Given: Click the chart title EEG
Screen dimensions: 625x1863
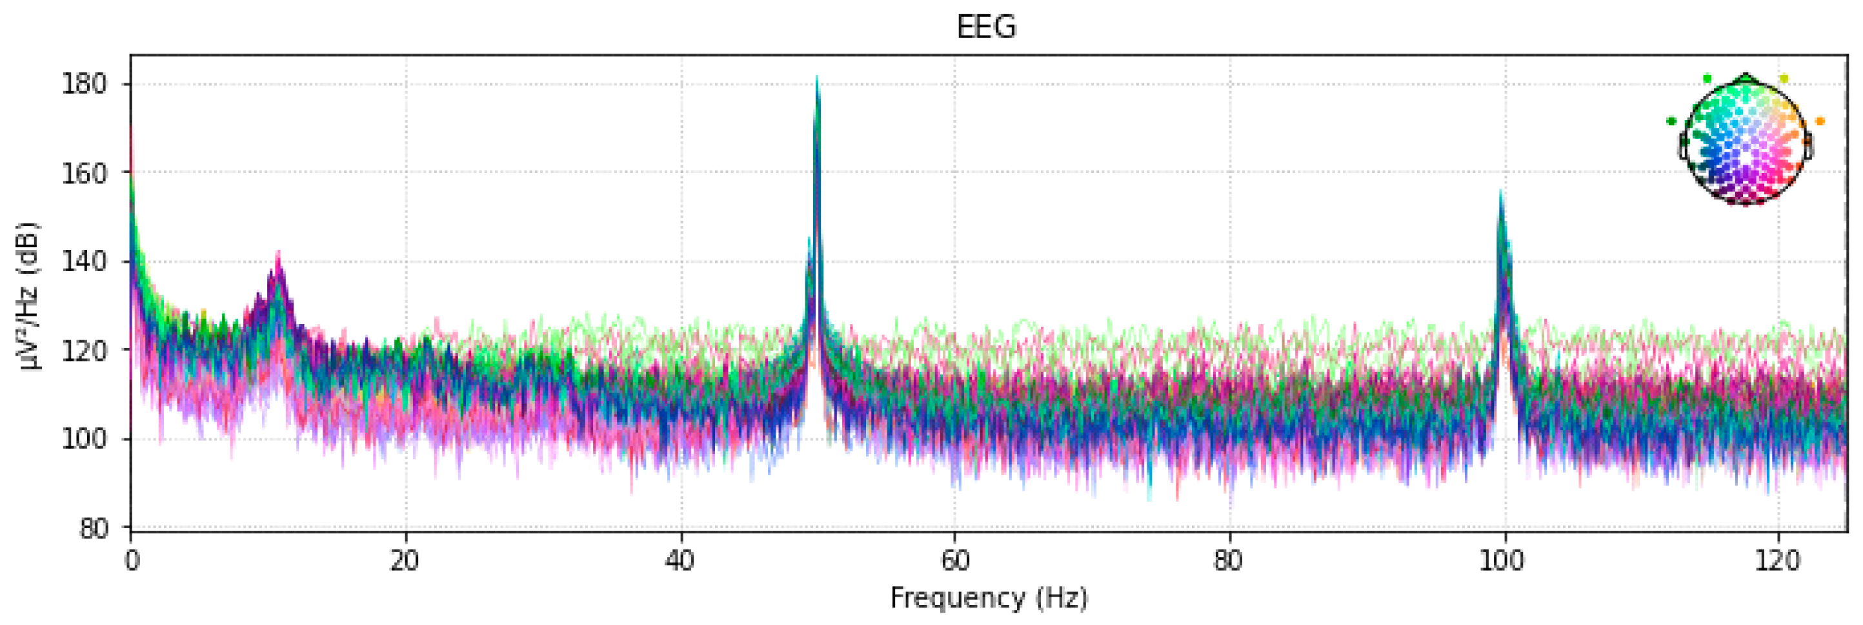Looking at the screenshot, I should click(x=986, y=28).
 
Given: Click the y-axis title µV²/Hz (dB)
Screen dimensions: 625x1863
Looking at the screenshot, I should click(x=30, y=296).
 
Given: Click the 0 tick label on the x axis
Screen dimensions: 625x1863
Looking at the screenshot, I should click(x=131, y=560).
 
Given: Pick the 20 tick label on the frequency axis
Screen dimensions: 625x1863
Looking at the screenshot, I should click(x=405, y=560).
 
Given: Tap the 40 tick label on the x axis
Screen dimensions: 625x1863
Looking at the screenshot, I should click(x=680, y=560).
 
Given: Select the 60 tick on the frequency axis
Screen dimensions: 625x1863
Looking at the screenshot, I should click(x=954, y=560).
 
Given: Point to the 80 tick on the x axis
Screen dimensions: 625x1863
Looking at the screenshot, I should click(x=1229, y=560).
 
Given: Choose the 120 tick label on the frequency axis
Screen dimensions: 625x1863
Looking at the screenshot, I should click(x=1778, y=560).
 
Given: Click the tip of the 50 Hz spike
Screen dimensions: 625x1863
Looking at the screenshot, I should click(x=816, y=77).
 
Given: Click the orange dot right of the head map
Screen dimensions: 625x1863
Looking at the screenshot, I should click(x=1820, y=121).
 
